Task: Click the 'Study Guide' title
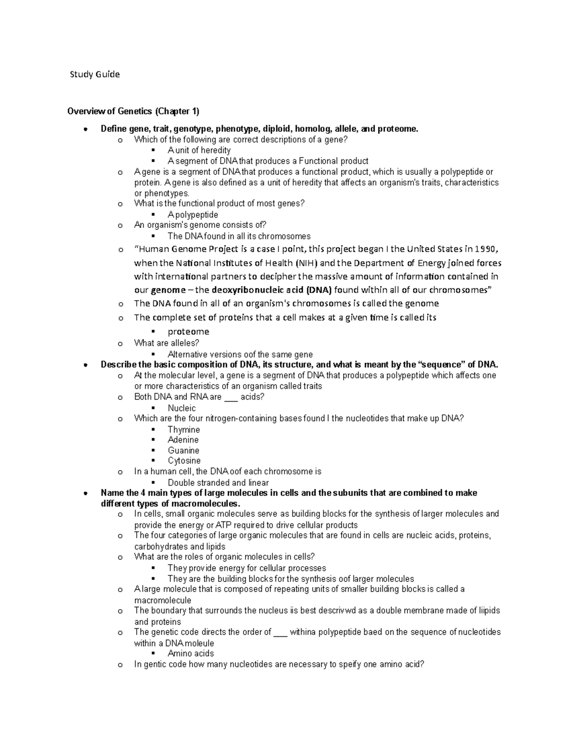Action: point(95,74)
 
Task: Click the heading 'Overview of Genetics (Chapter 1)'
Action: point(133,111)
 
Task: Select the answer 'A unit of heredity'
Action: point(199,150)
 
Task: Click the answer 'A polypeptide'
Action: point(193,215)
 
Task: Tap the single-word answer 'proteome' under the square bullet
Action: point(188,332)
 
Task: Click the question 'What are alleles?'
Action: point(167,343)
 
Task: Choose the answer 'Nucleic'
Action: point(182,408)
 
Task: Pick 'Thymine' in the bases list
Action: point(184,430)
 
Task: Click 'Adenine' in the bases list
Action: point(183,440)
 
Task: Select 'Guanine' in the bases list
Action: point(183,451)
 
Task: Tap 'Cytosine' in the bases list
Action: point(184,461)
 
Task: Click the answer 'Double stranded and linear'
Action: point(218,483)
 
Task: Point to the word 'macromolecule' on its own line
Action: point(163,601)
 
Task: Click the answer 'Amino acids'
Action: point(191,654)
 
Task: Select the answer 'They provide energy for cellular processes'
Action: point(246,568)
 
